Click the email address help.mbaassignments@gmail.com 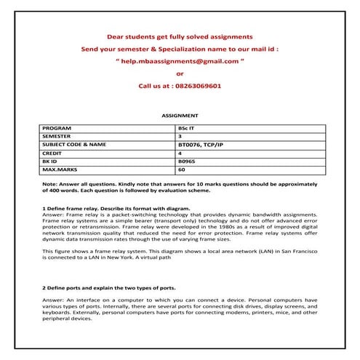click(x=180, y=61)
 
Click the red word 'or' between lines click(x=180, y=73)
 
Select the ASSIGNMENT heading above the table click(x=180, y=116)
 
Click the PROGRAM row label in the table click(x=57, y=127)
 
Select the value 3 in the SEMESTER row click(x=180, y=136)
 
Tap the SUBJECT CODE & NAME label click(x=74, y=144)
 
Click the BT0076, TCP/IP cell click(x=200, y=144)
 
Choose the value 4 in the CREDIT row click(x=180, y=153)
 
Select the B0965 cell click(x=187, y=161)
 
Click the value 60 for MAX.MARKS click(x=182, y=169)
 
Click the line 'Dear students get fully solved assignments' click(x=180, y=36)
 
